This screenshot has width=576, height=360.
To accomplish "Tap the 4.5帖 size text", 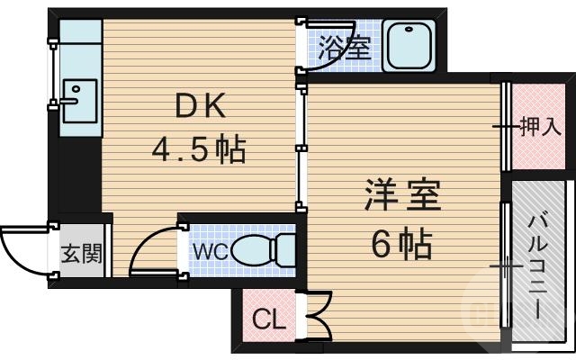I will [198, 149].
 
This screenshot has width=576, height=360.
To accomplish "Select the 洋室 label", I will [401, 196].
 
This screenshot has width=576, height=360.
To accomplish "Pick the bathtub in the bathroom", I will [409, 46].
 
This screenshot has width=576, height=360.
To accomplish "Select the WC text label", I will [209, 250].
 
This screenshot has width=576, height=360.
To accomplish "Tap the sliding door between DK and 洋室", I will [301, 144].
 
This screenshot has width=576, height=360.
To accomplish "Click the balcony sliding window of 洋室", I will [506, 270].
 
